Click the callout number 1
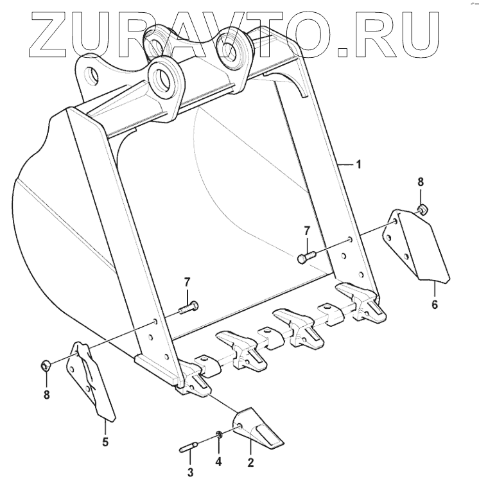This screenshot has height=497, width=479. (358, 164)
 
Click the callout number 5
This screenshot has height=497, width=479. (105, 441)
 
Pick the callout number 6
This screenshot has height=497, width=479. (435, 304)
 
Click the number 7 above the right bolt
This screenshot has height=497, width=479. (307, 230)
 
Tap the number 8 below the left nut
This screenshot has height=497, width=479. (46, 395)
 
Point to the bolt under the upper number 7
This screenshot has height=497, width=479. (307, 257)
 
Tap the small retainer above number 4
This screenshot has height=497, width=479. (219, 437)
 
